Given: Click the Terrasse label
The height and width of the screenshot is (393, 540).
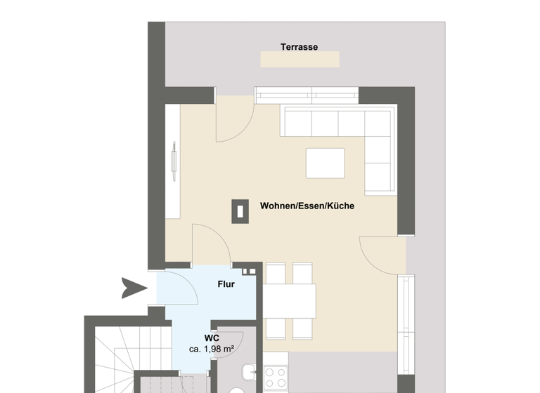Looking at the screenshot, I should (x=299, y=47).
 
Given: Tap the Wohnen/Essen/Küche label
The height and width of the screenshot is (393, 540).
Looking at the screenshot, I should (x=307, y=206).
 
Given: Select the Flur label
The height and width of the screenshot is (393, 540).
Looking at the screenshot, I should (x=226, y=284).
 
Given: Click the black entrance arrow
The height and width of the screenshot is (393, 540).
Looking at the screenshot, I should (x=133, y=286).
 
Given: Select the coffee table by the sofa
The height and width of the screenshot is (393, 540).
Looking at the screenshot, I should (x=325, y=163).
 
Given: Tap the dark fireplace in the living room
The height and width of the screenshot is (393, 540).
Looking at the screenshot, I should (x=240, y=209).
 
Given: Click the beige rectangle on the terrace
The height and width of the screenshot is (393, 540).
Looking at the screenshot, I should (x=300, y=59).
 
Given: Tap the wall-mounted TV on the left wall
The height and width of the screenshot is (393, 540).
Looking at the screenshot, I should (x=172, y=161).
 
